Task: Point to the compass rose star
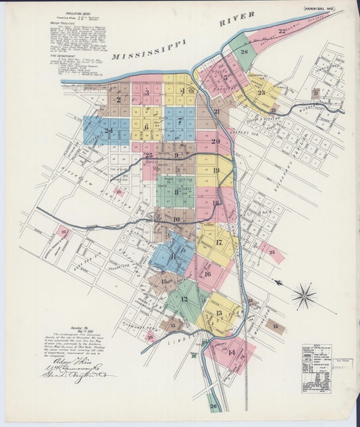[305, 295]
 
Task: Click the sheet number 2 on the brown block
[119, 100]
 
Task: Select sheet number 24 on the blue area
[107, 130]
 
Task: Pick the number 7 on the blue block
[180, 121]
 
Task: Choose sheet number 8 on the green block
[176, 192]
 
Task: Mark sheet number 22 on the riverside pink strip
[282, 31]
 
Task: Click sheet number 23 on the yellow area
[261, 93]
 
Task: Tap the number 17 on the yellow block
[218, 242]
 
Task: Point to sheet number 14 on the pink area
[232, 352]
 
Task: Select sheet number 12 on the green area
[184, 299]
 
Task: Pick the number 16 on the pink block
[207, 273]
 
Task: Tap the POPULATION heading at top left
[70, 12]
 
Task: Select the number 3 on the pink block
[147, 92]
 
